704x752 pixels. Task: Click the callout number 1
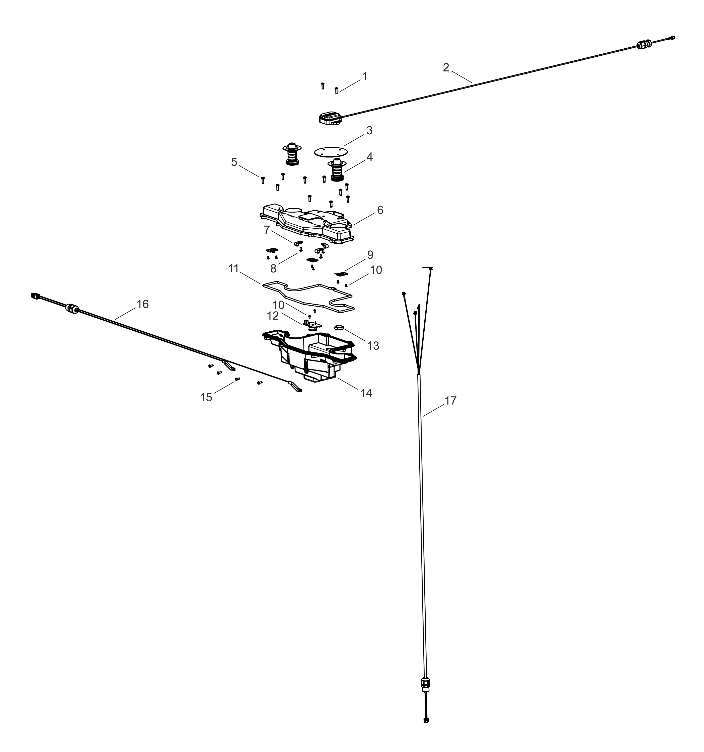364,76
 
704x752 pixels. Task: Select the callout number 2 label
446,67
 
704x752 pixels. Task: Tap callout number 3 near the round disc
369,131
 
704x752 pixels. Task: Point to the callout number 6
380,210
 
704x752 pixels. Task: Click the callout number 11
233,268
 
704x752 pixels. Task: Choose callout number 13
373,345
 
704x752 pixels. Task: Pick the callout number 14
366,393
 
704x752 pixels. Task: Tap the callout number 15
206,397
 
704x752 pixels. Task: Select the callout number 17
450,401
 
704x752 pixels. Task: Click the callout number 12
273,316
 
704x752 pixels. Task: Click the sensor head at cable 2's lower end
330,118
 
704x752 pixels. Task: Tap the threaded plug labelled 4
337,170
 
